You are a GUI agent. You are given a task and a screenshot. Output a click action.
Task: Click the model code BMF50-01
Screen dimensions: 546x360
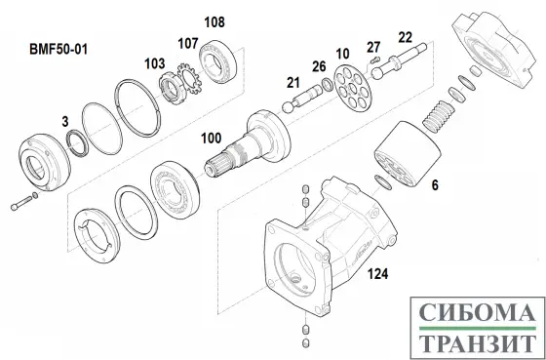click(x=58, y=49)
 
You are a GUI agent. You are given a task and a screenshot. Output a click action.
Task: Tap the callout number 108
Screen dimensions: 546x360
click(x=214, y=22)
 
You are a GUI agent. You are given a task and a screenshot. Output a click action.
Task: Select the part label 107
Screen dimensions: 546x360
click(x=188, y=44)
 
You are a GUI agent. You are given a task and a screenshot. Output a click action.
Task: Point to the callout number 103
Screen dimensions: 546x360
click(x=155, y=63)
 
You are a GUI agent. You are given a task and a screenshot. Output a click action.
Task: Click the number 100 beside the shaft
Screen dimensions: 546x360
click(x=211, y=139)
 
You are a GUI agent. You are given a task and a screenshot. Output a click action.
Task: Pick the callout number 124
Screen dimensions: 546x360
click(x=378, y=274)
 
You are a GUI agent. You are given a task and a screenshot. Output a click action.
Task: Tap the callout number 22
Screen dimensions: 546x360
click(x=405, y=37)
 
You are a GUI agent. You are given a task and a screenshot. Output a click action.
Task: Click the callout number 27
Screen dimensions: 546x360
click(x=373, y=47)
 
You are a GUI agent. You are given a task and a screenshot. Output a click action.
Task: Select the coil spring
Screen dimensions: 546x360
click(x=439, y=116)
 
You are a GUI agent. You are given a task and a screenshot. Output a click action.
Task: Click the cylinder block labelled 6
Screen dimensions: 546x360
click(x=408, y=153)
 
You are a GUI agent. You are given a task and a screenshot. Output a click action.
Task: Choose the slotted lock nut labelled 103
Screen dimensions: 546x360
click(x=170, y=89)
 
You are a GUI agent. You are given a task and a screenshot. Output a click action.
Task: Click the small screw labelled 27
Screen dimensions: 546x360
click(x=374, y=60)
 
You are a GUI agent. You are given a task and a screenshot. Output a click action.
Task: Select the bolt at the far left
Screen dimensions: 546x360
click(x=21, y=203)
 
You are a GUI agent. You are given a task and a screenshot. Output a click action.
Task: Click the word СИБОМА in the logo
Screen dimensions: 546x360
click(x=477, y=312)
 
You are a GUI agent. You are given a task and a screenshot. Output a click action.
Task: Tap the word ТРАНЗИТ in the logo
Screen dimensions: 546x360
click(x=477, y=343)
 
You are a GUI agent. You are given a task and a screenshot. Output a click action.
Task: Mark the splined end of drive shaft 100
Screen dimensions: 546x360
click(x=215, y=167)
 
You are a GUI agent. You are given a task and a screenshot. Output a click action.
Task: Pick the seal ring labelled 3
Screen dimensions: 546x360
click(x=77, y=143)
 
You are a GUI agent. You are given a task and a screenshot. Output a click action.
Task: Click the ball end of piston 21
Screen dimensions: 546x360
click(x=288, y=107)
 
